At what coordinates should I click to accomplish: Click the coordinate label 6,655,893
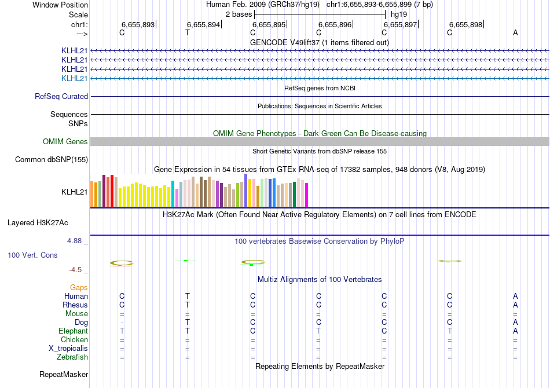pos(138,25)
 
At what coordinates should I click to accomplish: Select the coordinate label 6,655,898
pos(465,25)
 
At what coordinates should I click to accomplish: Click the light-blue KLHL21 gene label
pos(75,78)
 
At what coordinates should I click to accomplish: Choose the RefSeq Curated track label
pos(61,97)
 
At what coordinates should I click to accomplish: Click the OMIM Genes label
pos(65,142)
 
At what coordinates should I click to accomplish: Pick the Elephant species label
pos(73,331)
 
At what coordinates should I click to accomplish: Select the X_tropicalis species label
pos(68,349)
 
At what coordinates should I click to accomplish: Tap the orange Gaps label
pos(79,287)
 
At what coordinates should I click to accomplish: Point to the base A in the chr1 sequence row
pos(515,33)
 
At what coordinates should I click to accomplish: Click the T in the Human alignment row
pos(188,297)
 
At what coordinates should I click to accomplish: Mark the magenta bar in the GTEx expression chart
pos(307,195)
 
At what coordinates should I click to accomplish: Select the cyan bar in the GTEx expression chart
pos(173,193)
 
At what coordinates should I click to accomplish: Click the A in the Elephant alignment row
pos(515,331)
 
